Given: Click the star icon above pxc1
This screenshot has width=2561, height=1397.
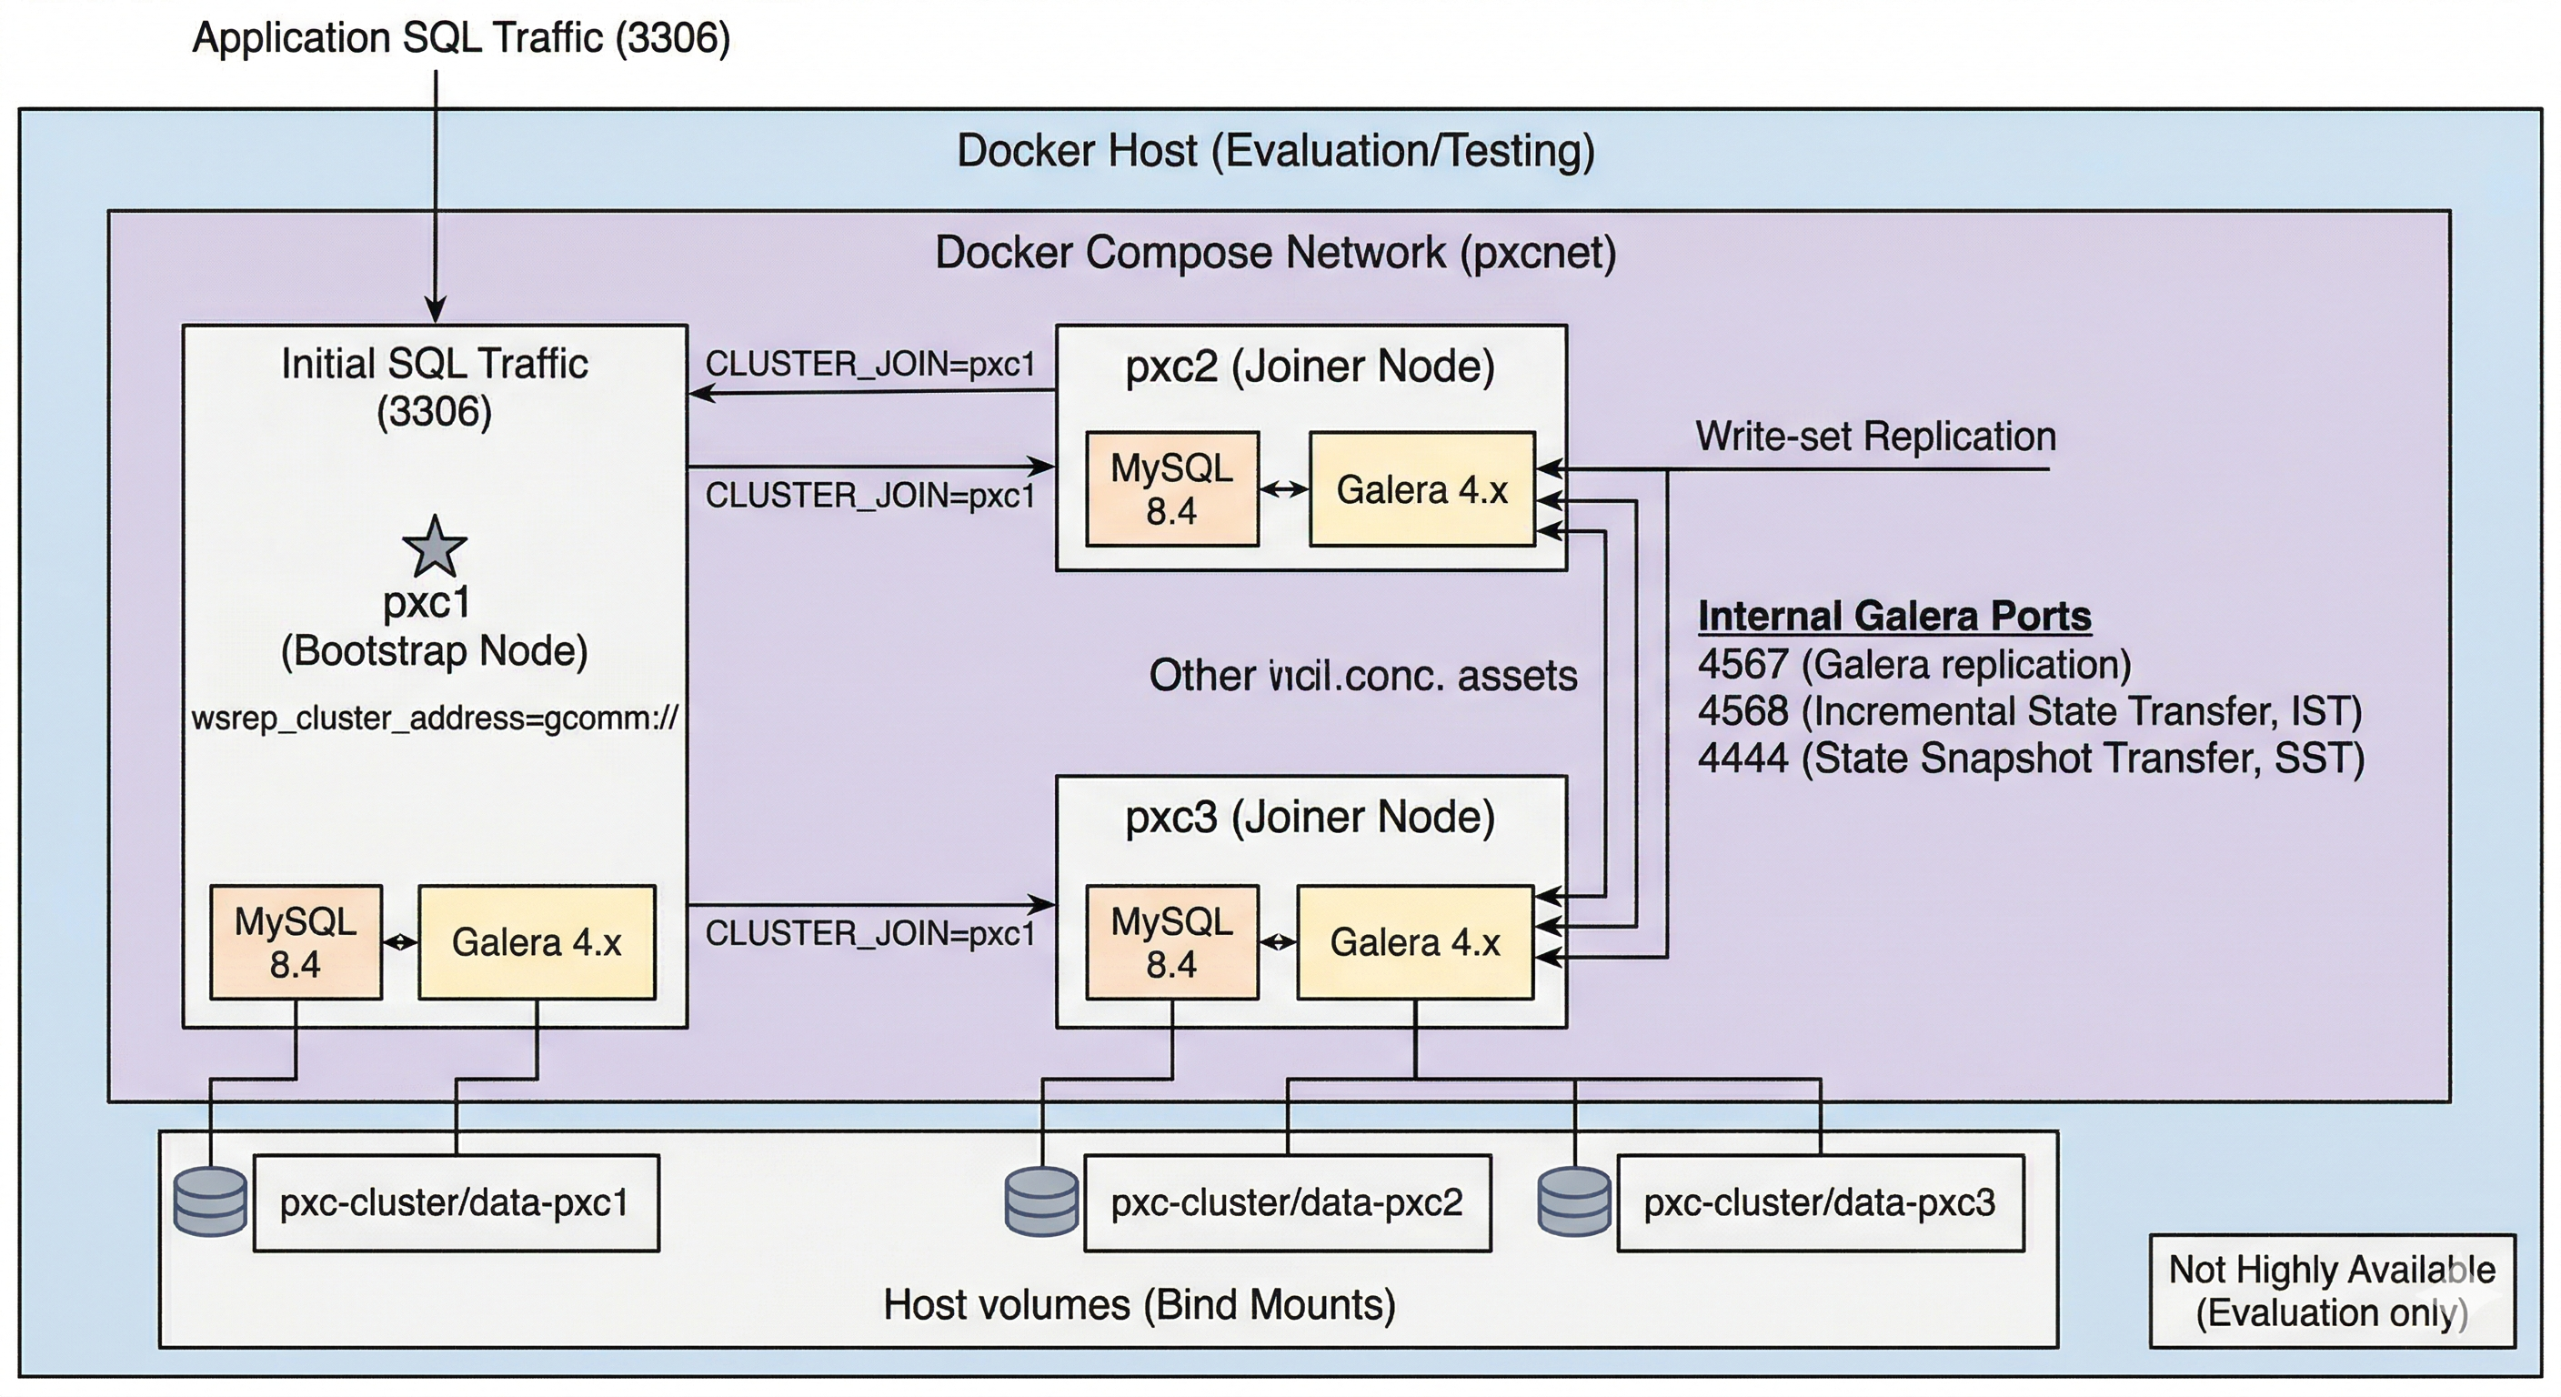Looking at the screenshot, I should [435, 547].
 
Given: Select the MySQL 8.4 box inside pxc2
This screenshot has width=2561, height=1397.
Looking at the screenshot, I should [1172, 489].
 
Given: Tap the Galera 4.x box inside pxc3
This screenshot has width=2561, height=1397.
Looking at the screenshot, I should [1415, 941].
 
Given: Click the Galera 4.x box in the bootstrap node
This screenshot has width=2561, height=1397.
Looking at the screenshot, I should [537, 941].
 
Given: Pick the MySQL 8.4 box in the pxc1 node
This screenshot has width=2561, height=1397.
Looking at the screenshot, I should [296, 941].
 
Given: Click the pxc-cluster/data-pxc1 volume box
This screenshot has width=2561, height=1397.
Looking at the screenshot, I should [456, 1202].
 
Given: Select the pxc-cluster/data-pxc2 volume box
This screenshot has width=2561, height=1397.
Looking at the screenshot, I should [1287, 1202].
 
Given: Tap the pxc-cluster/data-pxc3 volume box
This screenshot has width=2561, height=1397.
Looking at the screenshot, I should [1819, 1202].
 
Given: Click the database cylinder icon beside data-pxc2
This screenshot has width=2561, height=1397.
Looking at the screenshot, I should [1041, 1202].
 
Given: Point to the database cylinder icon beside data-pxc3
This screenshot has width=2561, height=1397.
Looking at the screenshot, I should [1573, 1202].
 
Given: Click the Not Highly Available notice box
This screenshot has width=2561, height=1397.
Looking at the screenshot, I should [2331, 1291].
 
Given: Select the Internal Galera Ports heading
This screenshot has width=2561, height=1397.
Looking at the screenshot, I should [1893, 616].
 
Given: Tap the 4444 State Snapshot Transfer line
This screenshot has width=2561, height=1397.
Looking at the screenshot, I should [2030, 759].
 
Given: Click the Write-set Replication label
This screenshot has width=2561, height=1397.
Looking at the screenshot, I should [1875, 437].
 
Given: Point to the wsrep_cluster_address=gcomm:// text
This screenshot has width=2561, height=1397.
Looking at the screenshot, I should [435, 717].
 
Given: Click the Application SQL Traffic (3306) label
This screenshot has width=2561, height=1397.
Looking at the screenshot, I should [461, 38].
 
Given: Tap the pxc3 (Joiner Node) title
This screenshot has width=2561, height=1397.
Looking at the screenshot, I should [1310, 818].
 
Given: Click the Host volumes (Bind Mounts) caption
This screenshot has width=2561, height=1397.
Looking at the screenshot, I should [1140, 1304].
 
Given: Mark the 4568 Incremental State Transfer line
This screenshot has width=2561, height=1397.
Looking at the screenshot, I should [2029, 711].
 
